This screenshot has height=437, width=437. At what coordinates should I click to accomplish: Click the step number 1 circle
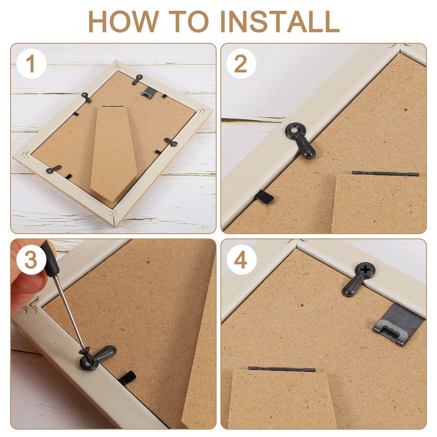coord(31,65)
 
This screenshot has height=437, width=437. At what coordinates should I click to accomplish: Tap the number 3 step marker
coord(31,261)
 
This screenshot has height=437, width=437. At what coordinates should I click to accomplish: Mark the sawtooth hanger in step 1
coord(149,91)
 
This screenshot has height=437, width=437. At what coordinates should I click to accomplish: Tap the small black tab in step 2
coord(265,197)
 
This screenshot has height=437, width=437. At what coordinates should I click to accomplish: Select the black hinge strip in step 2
coord(385,173)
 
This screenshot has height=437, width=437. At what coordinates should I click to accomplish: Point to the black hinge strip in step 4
coord(282,369)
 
